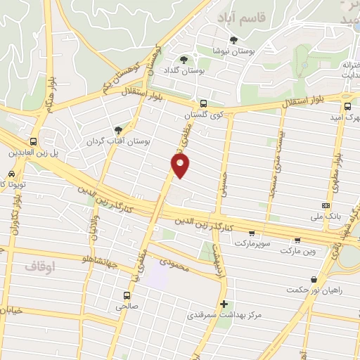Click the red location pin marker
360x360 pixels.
tap(181, 165)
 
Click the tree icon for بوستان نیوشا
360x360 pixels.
tap(233, 39)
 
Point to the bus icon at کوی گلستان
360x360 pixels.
tap(203, 103)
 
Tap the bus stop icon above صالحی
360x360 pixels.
tap(127, 295)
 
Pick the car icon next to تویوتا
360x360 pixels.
tap(12, 174)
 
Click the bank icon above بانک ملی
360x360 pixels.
tap(325, 205)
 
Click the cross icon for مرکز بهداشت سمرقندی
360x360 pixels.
tap(224, 304)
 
